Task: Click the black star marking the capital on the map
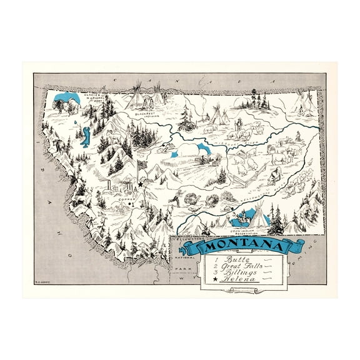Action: [x=142, y=184]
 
